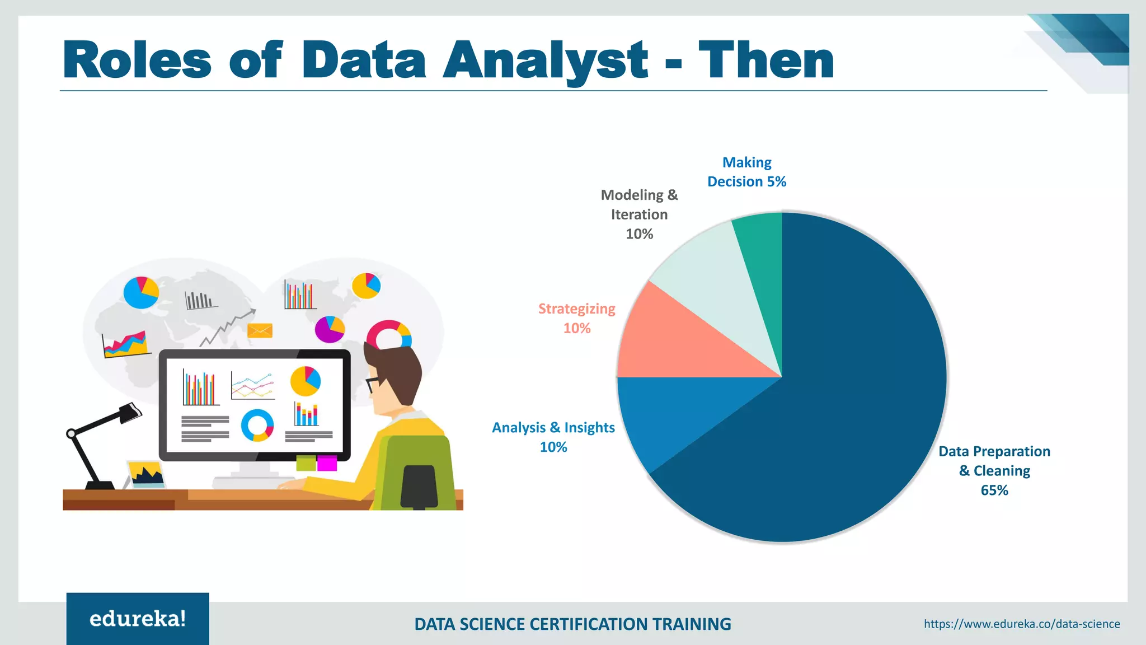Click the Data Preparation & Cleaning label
(x=994, y=470)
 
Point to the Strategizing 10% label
(x=576, y=318)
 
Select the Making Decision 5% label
(x=746, y=172)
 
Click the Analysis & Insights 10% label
(x=553, y=437)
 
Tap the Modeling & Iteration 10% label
(x=639, y=214)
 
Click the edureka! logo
(x=138, y=619)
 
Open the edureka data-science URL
(x=1022, y=624)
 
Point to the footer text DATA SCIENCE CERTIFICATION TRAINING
(x=572, y=624)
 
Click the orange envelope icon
(x=260, y=330)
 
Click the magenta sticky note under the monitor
(x=327, y=464)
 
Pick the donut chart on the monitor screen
(x=257, y=425)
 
